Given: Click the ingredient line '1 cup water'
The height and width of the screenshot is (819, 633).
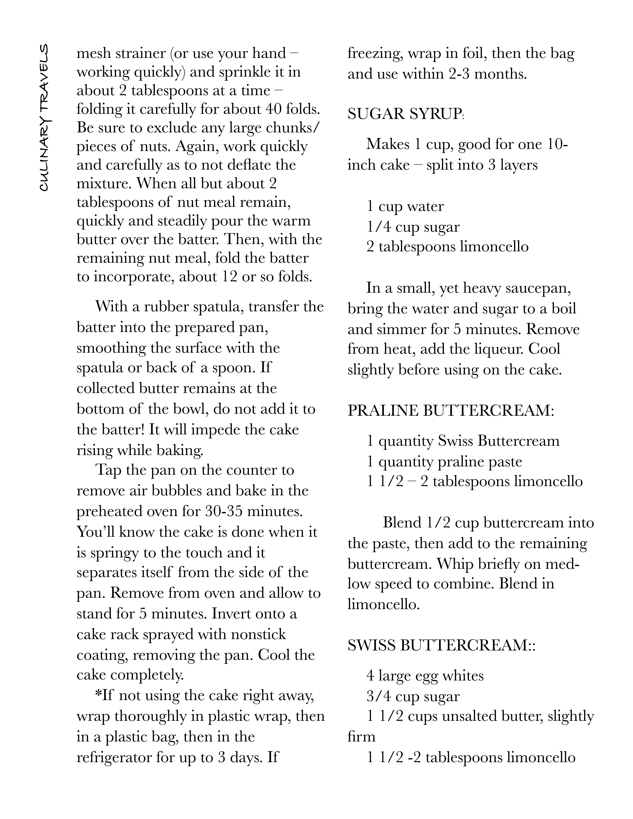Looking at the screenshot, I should pyautogui.click(x=405, y=207).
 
